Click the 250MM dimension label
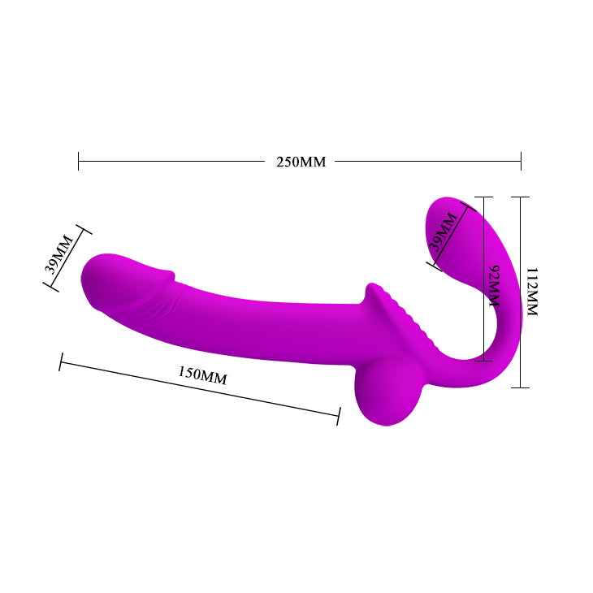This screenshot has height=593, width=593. tap(301, 162)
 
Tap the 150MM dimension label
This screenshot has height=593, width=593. tap(202, 374)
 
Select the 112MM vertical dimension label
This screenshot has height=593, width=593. tap(532, 292)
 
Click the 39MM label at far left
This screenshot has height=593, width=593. tap(60, 253)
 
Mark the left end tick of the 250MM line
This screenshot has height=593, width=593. tap(78, 161)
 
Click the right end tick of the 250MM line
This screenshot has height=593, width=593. tap(521, 161)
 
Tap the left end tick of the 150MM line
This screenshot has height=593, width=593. tap(60, 361)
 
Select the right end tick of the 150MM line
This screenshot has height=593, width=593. tap(338, 415)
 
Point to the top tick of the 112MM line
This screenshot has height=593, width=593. tap(520, 197)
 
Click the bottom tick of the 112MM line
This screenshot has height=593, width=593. tap(520, 387)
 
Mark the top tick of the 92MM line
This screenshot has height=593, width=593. tap(483, 197)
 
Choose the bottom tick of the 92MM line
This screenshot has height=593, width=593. tap(483, 361)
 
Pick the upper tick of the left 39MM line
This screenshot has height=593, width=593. tap(81, 232)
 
